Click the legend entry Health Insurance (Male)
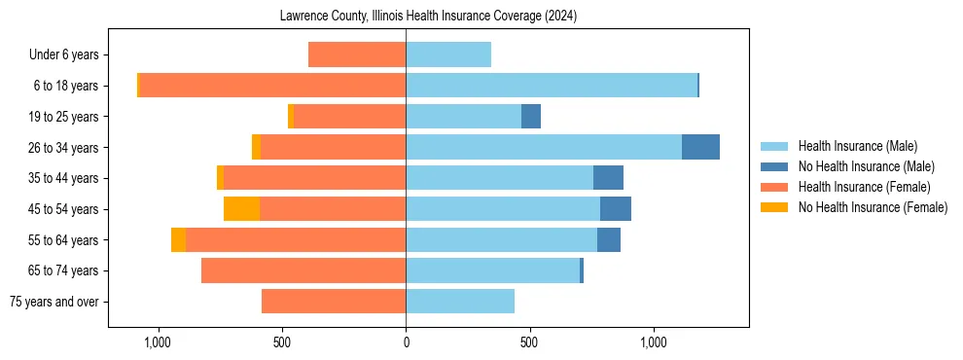click(856, 146)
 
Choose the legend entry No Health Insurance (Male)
click(865, 166)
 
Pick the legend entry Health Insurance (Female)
click(864, 187)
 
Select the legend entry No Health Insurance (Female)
click(872, 207)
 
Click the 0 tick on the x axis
click(406, 342)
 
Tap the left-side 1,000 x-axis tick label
click(158, 342)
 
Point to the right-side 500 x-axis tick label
click(529, 342)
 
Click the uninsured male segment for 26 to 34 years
click(700, 147)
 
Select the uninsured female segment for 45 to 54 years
click(241, 209)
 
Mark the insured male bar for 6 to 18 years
click(552, 86)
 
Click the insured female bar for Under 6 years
click(357, 54)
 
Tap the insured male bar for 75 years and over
click(460, 302)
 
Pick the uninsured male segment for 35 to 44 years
click(608, 178)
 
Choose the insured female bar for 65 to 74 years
click(303, 270)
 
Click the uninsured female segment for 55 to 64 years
click(178, 240)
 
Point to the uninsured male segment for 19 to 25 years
click(531, 117)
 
